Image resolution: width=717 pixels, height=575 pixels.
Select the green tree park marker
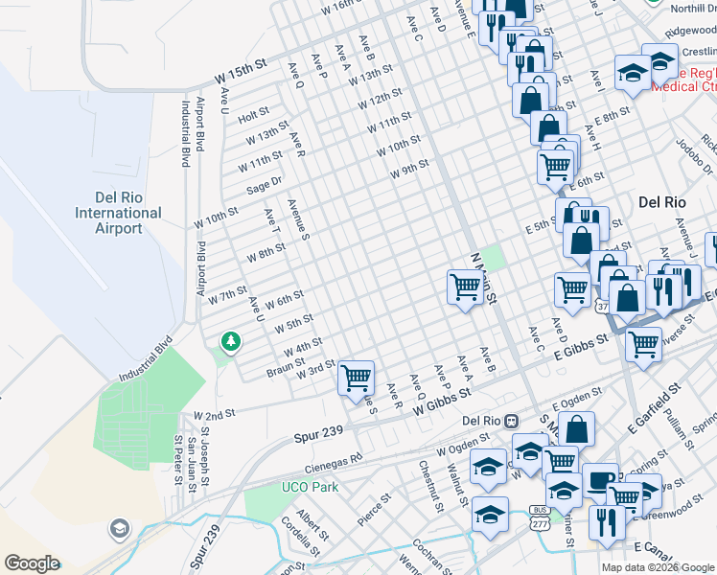230,341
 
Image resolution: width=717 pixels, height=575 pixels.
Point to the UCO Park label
312,487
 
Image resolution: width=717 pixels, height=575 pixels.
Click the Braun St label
285,368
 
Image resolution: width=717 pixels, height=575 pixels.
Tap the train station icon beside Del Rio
512,420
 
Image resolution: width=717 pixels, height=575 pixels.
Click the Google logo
32,563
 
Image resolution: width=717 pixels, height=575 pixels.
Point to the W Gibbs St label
443,401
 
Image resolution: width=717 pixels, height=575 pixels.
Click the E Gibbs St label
582,346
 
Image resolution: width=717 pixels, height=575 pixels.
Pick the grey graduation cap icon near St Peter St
119,527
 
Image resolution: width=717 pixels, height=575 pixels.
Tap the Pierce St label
374,507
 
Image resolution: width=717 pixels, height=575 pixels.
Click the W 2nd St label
216,415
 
